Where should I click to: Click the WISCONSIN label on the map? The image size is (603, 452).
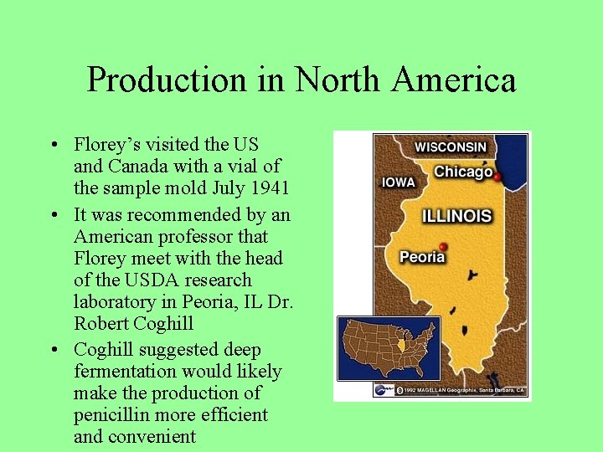[x=450, y=146]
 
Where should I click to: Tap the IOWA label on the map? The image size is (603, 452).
[x=399, y=182]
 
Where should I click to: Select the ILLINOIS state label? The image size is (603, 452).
[x=456, y=216]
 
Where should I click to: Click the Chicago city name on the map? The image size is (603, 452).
[x=462, y=172]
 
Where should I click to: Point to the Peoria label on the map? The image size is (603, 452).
[x=422, y=256]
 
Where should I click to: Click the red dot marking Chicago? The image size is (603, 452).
[x=497, y=177]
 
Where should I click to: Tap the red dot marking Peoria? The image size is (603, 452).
[x=443, y=246]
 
